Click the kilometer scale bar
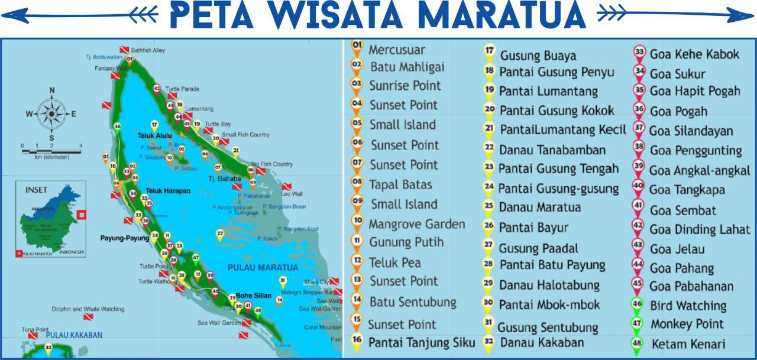[x=51, y=151]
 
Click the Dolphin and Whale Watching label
[x=88, y=309]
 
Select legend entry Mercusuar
[x=396, y=50]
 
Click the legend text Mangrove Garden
[x=416, y=224]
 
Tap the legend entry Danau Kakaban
[x=541, y=342]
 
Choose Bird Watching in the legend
[x=688, y=306]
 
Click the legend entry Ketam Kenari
[x=688, y=344]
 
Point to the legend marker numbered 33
[x=639, y=52]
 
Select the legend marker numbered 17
[x=489, y=51]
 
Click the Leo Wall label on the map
[x=292, y=194]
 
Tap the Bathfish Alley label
[x=148, y=51]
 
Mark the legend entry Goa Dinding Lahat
[x=699, y=229]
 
